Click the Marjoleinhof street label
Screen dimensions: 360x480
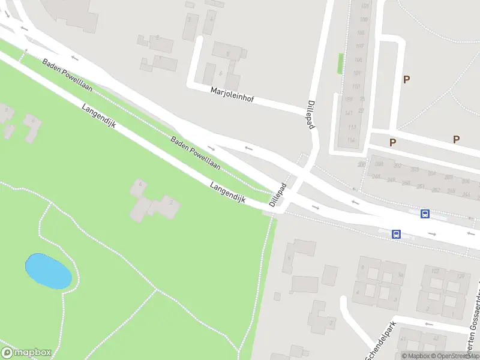point(232,97)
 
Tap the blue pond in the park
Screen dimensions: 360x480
point(48,271)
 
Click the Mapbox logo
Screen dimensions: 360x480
point(25,353)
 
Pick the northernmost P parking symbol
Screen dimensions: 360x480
point(407,79)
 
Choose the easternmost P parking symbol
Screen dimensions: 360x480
point(456,139)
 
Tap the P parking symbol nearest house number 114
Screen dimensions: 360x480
point(392,142)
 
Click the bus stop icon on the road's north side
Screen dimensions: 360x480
point(425,214)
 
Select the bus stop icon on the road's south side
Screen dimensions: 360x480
point(396,234)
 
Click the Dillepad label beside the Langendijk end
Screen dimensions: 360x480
point(277,195)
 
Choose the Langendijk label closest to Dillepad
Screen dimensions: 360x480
point(228,194)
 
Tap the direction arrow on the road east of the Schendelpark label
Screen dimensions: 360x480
point(428,324)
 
